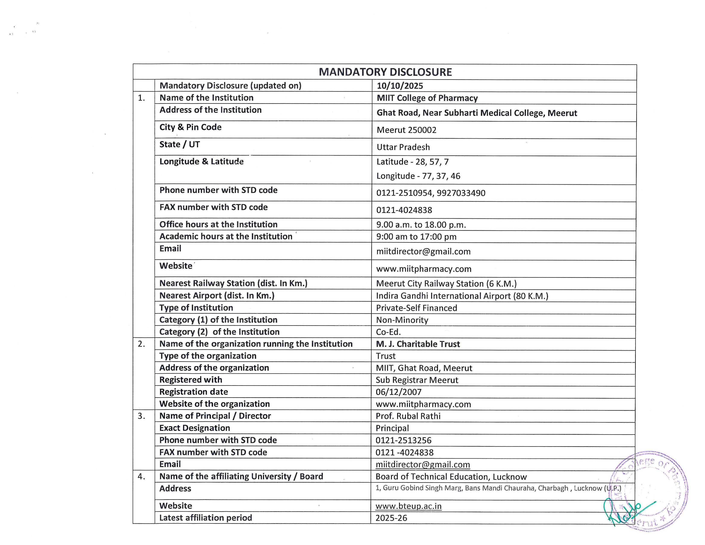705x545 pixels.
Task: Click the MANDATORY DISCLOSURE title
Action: click(x=385, y=72)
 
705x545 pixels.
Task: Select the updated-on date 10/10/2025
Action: click(x=400, y=86)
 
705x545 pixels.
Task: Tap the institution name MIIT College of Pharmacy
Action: click(x=427, y=98)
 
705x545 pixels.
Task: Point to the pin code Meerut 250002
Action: click(x=406, y=130)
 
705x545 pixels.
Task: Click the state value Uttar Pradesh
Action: click(x=403, y=147)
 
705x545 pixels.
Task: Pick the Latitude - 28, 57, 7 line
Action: click(x=413, y=162)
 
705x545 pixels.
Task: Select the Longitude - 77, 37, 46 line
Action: click(x=418, y=176)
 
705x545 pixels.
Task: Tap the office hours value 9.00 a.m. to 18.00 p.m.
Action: click(x=421, y=225)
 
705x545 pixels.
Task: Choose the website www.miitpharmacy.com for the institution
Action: click(x=423, y=269)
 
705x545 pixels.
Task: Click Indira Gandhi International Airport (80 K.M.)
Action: click(x=462, y=296)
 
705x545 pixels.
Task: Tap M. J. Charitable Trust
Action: click(x=418, y=344)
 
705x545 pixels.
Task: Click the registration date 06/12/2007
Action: click(x=398, y=392)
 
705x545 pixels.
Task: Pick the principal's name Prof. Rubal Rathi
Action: click(x=408, y=416)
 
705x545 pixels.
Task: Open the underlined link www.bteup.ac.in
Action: click(x=408, y=506)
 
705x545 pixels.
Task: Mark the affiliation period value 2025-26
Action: click(x=391, y=518)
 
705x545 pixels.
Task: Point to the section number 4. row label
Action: click(x=141, y=477)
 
